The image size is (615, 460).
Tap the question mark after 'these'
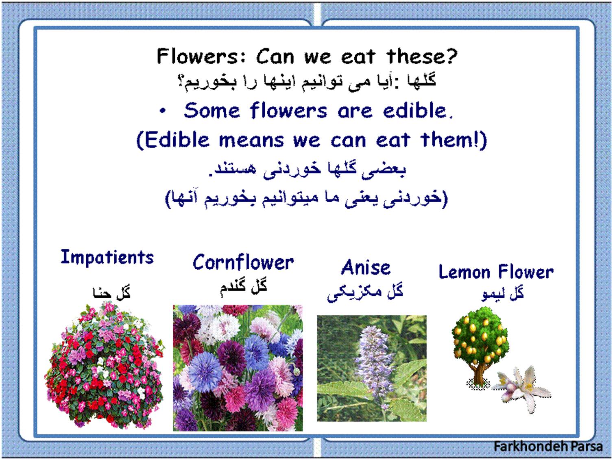click(x=451, y=56)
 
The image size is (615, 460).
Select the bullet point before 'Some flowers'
click(x=163, y=111)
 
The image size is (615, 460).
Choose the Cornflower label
click(x=243, y=262)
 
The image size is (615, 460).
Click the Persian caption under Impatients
click(x=111, y=292)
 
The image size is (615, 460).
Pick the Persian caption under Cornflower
click(x=243, y=286)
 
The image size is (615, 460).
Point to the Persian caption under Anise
click(x=365, y=293)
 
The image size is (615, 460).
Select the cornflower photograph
click(x=238, y=368)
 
